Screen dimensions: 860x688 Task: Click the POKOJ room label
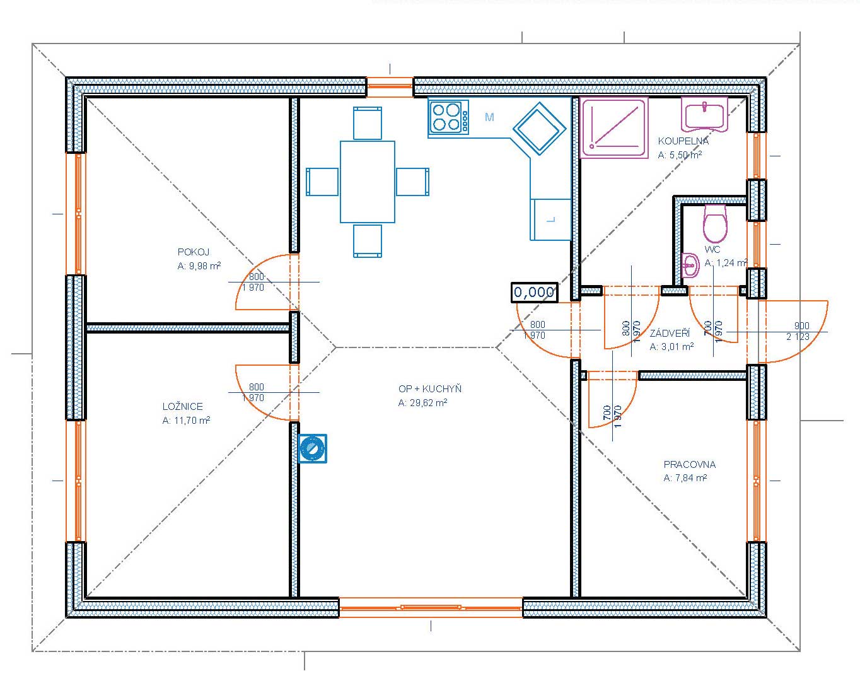(x=194, y=252)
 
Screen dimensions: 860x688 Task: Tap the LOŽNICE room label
(x=183, y=407)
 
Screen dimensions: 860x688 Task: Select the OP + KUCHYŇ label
(x=430, y=389)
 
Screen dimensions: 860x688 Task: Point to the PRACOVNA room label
(x=690, y=465)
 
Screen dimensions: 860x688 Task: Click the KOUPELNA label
(x=683, y=141)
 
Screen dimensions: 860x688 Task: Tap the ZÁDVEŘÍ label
(x=670, y=333)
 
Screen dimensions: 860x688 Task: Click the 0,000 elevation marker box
(x=534, y=292)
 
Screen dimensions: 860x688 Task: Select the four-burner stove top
(x=448, y=116)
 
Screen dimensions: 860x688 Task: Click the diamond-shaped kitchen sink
(x=540, y=129)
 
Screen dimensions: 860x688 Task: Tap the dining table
(x=367, y=182)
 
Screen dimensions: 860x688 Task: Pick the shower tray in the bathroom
(x=613, y=128)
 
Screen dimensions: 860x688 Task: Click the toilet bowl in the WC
(x=715, y=223)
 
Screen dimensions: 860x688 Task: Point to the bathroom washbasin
(x=704, y=115)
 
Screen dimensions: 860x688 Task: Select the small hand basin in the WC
(x=690, y=265)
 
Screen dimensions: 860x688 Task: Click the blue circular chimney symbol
(x=312, y=448)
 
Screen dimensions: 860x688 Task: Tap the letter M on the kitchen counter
(x=489, y=117)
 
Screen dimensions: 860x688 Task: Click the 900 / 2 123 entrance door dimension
(x=798, y=332)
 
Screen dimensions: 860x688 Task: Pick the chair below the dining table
(x=367, y=241)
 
